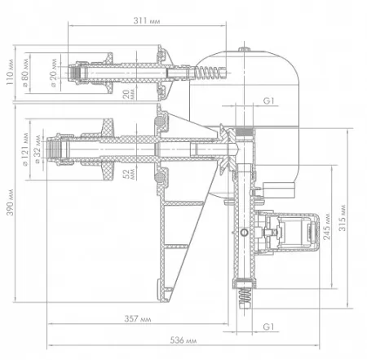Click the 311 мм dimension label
(147, 20)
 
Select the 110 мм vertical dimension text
(10, 72)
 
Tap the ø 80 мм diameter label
(25, 73)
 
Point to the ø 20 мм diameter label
(53, 73)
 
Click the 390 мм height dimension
(10, 202)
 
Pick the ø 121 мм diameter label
(25, 149)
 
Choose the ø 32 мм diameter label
(38, 149)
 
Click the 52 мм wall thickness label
(128, 174)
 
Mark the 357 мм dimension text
(138, 318)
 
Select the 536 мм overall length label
(183, 340)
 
